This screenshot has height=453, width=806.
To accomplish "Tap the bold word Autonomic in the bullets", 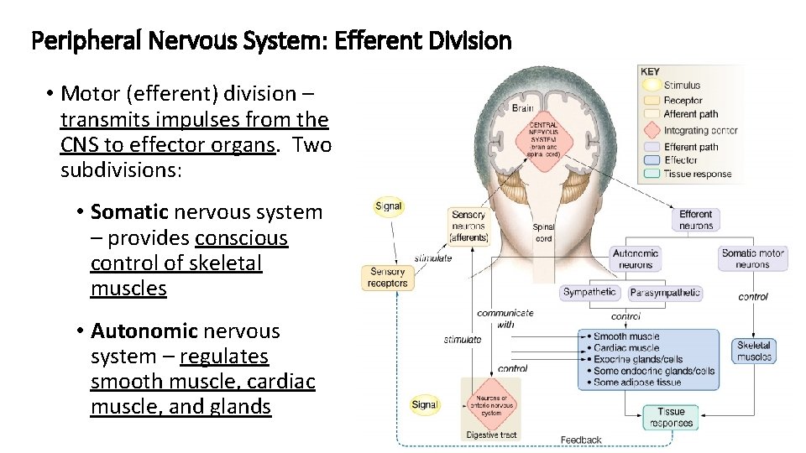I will (x=144, y=331).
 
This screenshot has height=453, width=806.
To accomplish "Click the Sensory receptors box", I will (x=387, y=277).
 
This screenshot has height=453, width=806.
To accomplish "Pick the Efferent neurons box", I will (x=695, y=220).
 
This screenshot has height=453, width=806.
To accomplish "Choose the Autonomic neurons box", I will (x=636, y=258).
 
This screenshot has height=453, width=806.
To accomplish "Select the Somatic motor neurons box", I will (x=752, y=258).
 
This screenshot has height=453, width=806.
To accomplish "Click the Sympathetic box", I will (x=589, y=293).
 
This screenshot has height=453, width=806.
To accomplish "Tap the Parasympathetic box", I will (x=665, y=293).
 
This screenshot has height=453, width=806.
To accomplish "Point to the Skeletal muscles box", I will (x=754, y=351).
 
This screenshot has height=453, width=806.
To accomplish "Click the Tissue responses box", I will (x=671, y=417).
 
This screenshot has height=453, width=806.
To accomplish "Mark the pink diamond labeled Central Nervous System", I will (x=543, y=139).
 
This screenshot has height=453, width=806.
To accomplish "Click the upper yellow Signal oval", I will (x=389, y=206).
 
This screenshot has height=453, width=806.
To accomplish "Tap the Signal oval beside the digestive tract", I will (x=425, y=404).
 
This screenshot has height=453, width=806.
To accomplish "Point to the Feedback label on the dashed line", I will (x=581, y=440).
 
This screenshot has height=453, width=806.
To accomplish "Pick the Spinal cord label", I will (x=543, y=232).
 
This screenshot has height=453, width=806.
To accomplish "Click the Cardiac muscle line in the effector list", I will (x=625, y=348).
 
